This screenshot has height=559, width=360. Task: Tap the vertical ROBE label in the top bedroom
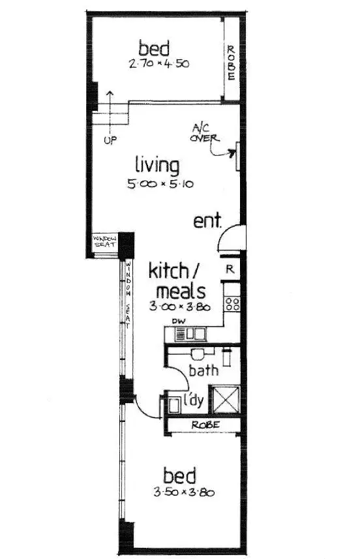pyautogui.click(x=230, y=61)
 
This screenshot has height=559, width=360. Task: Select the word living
pyautogui.click(x=157, y=165)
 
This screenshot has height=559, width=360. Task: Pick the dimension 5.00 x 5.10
pyautogui.click(x=161, y=185)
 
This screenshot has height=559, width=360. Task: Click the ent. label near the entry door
pyautogui.click(x=207, y=221)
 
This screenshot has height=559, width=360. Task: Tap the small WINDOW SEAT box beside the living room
pyautogui.click(x=105, y=243)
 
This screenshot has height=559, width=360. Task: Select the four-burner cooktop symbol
pyautogui.click(x=232, y=303)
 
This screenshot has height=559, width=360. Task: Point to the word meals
pyautogui.click(x=177, y=290)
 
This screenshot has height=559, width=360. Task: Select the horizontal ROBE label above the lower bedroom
pyautogui.click(x=204, y=425)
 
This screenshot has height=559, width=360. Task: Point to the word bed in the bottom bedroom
pyautogui.click(x=179, y=474)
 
